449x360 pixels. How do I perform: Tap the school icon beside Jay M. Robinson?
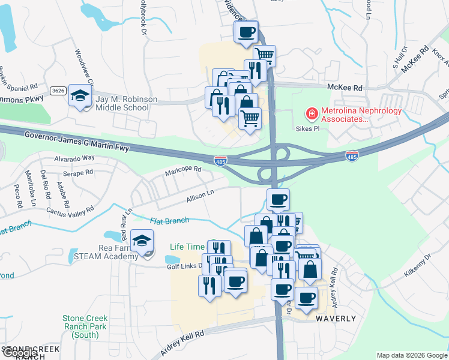tap(80, 95)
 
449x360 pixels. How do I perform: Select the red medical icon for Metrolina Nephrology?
tap(312, 112)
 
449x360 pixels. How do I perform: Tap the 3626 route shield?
tap(58, 91)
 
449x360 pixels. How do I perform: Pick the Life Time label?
tap(187, 247)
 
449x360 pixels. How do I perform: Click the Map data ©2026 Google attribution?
tap(411, 355)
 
